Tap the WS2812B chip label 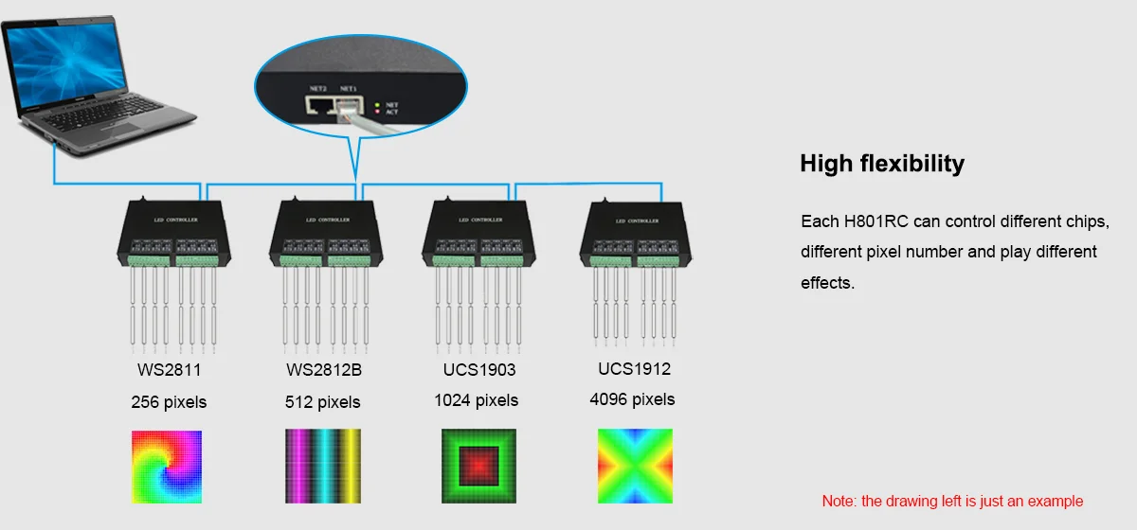324,369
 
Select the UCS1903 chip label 478,369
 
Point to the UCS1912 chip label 634,368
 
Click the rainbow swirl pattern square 167,467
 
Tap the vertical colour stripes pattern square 323,467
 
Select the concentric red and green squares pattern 478,467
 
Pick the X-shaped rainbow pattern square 633,467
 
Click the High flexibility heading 882,164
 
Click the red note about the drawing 952,501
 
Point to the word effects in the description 826,282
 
